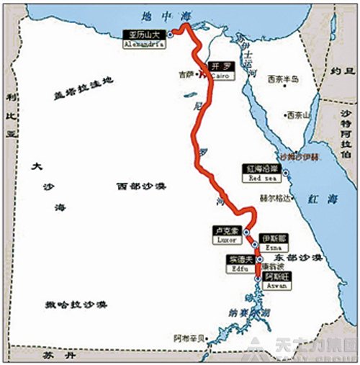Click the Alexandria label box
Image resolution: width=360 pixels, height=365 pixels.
146,37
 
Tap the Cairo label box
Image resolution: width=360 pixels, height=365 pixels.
219,69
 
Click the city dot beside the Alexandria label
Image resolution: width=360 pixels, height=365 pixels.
170,34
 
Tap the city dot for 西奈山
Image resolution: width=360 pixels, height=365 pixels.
280,114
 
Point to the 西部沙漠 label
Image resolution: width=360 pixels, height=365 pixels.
141,186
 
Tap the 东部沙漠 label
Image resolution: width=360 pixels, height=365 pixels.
298,257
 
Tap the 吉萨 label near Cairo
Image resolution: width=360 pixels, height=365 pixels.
186,73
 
